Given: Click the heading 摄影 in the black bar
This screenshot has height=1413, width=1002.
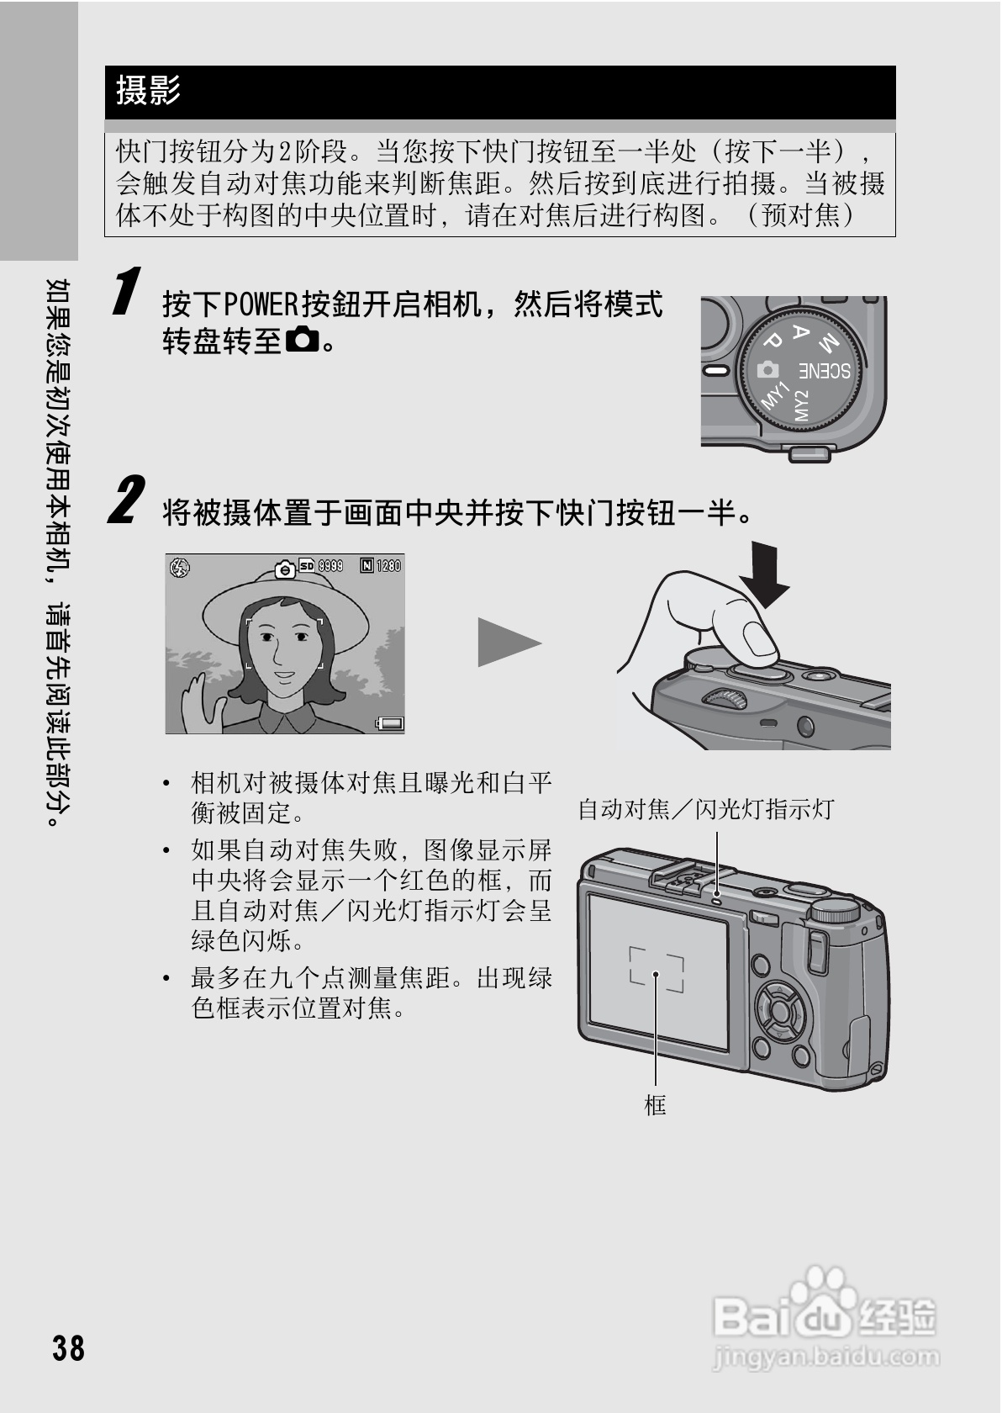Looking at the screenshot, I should (148, 90).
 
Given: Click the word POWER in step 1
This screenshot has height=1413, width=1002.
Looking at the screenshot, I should (261, 304).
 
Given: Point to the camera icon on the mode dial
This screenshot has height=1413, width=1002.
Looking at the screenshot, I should (767, 369).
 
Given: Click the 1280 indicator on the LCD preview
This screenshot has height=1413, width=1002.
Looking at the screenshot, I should (388, 566).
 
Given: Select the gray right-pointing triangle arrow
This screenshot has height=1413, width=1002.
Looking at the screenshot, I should (506, 643).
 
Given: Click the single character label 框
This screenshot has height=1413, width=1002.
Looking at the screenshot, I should (655, 1104).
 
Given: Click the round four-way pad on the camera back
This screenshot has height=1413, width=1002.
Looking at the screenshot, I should (779, 1008).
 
